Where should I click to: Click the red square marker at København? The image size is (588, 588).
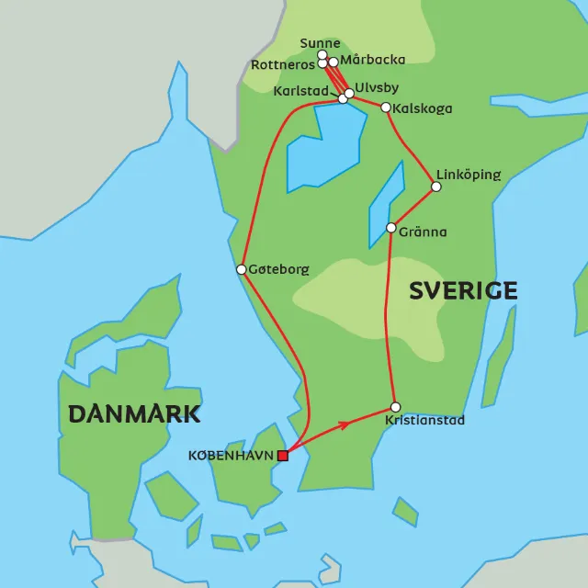(283, 455)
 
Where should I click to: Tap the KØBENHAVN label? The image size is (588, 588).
(232, 456)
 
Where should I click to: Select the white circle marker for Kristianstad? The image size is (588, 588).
(396, 407)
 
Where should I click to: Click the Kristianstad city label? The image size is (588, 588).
(424, 421)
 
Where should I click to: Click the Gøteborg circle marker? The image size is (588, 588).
(241, 269)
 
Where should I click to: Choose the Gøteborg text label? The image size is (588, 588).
(279, 270)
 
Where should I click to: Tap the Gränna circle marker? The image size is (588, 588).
(390, 228)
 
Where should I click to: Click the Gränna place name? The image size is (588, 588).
(423, 232)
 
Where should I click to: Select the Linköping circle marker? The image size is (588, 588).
(436, 187)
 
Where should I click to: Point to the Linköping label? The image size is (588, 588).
(469, 175)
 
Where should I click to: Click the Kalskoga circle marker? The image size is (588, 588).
(386, 107)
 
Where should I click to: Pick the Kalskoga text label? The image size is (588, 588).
(423, 108)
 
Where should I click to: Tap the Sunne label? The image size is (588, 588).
(320, 43)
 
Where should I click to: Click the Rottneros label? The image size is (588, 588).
(283, 64)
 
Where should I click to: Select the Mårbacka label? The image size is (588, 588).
(373, 61)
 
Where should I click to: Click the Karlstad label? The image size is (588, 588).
(301, 91)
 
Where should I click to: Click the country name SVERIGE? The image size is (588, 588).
(463, 291)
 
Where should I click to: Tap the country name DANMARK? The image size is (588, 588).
(134, 413)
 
